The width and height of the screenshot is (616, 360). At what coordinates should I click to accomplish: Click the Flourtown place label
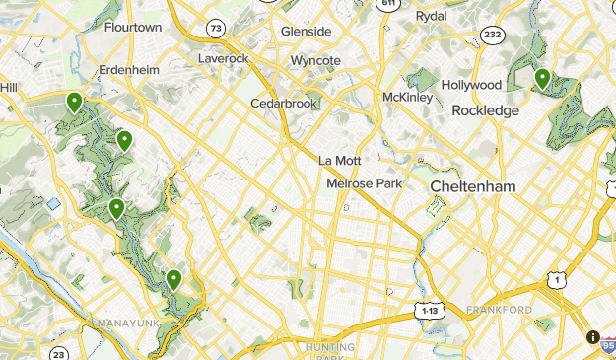click(132, 27)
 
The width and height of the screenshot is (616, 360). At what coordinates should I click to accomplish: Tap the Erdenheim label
click(129, 70)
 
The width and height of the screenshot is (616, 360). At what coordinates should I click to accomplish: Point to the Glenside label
click(306, 32)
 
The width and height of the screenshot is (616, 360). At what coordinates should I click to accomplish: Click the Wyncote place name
click(315, 61)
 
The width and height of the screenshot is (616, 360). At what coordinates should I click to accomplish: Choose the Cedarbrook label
click(284, 103)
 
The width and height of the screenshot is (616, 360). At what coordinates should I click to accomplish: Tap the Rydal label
click(431, 16)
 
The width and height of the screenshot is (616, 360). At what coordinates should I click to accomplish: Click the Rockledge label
click(485, 111)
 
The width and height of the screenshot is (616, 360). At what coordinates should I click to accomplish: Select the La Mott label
click(340, 161)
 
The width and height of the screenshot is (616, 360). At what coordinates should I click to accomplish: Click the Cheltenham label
click(473, 185)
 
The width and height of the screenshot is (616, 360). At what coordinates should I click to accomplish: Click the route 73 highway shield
click(215, 30)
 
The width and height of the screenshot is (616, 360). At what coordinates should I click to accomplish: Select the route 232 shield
click(494, 35)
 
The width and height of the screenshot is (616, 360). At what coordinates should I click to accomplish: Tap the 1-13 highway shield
click(428, 310)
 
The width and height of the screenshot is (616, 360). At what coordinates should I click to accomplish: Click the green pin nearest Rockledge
click(542, 78)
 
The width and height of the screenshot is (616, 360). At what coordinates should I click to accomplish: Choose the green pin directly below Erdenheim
click(74, 101)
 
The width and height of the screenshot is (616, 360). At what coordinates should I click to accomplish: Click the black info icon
click(593, 337)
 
